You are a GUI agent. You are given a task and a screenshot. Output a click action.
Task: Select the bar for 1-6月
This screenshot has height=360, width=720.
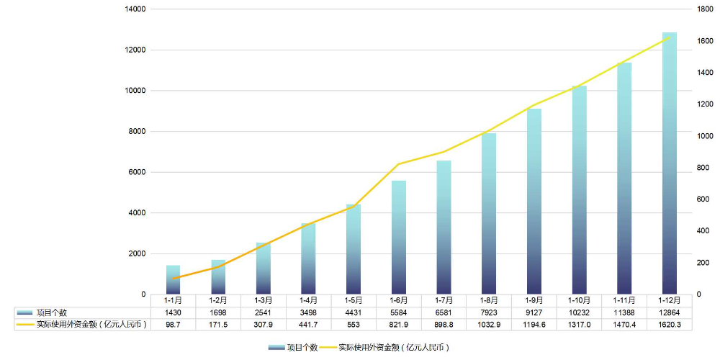(399, 238)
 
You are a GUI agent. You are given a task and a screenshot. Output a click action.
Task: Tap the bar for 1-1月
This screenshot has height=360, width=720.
(173, 280)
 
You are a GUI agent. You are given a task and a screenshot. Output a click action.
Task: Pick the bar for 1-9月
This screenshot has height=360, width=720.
(534, 202)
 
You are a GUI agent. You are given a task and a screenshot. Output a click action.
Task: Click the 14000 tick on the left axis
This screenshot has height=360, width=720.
(135, 9)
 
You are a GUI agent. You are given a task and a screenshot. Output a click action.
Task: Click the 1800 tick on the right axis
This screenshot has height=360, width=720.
(704, 9)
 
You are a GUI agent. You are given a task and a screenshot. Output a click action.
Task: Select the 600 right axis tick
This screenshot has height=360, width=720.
(702, 199)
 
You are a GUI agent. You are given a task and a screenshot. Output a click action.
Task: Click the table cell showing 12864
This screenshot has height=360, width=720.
(670, 312)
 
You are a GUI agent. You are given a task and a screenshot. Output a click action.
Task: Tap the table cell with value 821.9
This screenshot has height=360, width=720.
(399, 325)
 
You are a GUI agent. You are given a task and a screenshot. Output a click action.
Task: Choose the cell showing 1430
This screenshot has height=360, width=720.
(173, 312)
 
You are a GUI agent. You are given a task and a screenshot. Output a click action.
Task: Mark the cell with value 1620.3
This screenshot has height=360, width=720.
(670, 325)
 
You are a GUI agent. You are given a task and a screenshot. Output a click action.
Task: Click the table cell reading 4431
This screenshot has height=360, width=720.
(354, 312)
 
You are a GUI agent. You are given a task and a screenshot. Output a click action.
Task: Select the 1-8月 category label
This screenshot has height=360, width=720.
(489, 300)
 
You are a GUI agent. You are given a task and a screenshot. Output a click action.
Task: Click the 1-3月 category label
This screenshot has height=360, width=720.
(264, 300)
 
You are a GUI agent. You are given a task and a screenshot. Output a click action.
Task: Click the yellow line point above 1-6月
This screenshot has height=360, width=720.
(399, 164)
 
